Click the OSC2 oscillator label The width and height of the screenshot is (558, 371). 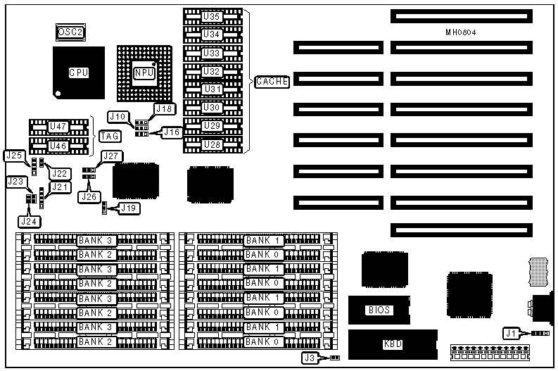click(70, 32)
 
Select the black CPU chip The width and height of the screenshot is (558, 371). click(78, 73)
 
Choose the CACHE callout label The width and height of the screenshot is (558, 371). click(272, 81)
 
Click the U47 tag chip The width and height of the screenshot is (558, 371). click(58, 126)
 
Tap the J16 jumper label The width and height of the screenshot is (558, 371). click(172, 131)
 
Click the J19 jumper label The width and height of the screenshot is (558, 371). click(128, 208)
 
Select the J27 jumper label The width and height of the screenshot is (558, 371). click(112, 156)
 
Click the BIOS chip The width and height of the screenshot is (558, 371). click(378, 310)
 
